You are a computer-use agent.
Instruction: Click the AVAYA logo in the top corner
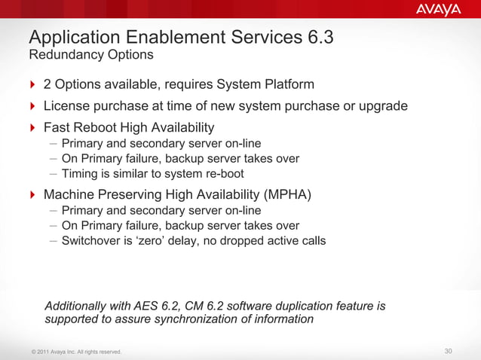tap(438, 10)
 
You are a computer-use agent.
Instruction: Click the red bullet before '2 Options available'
tap(32, 84)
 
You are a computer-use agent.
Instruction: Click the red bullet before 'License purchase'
tap(32, 105)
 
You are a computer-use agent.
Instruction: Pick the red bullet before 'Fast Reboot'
tap(32, 127)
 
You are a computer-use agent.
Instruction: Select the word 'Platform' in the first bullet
tap(287, 84)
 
